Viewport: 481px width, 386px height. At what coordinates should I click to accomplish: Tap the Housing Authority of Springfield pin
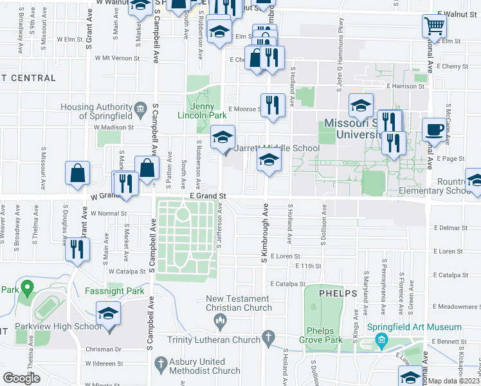pyautogui.click(x=140, y=107)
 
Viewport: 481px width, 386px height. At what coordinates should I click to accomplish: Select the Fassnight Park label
pyautogui.click(x=114, y=290)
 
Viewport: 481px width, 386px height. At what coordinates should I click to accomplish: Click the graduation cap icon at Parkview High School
pyautogui.click(x=109, y=315)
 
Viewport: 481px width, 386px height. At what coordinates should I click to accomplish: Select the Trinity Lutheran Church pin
pyautogui.click(x=268, y=338)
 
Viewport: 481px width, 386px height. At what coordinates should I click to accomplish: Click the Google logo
pyautogui.click(x=22, y=378)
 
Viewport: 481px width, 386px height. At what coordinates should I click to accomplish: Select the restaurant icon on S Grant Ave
pyautogui.click(x=78, y=248)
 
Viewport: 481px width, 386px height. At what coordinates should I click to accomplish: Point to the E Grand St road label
pyautogui.click(x=208, y=195)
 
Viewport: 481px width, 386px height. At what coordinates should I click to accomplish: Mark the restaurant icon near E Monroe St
pyautogui.click(x=273, y=104)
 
